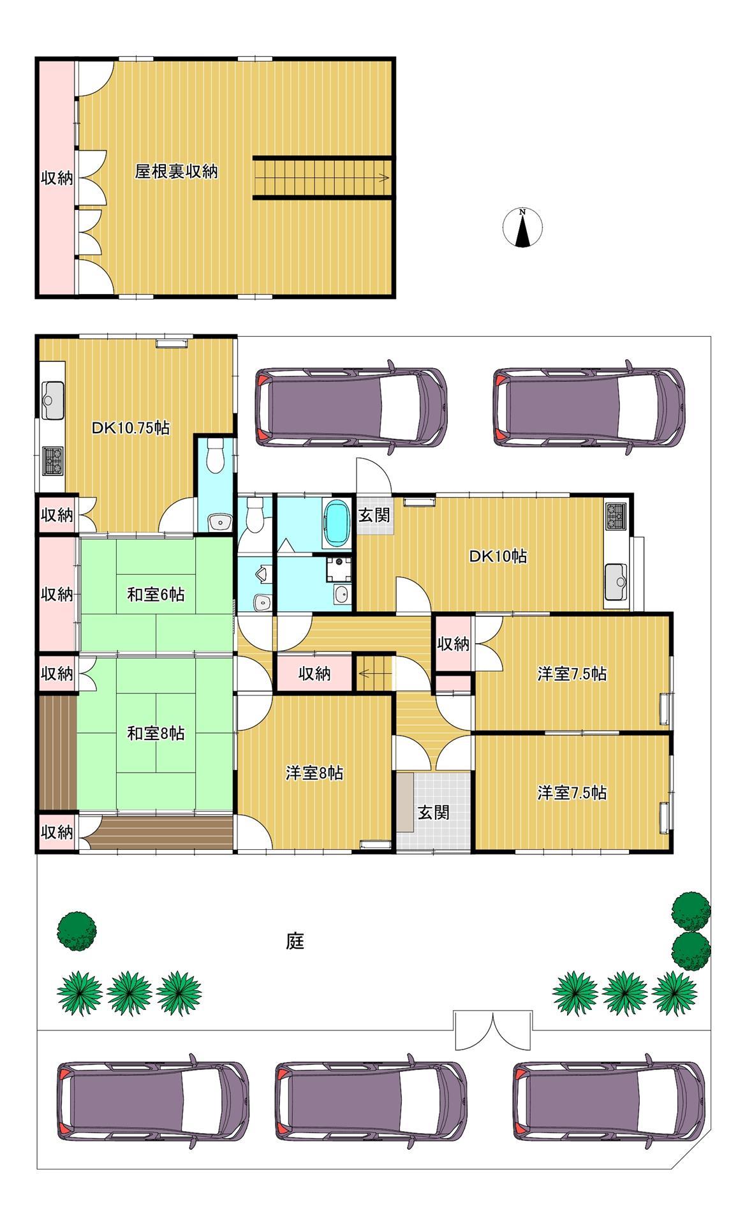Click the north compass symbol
pos(522,228)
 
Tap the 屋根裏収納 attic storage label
pos(176,172)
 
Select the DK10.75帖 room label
pos(129,428)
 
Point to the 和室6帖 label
pos(156,595)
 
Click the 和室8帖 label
pos(156,734)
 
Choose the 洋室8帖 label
pos(314,773)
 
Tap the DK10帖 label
pos(498,556)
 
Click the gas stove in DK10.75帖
pos(52,461)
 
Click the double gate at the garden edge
pos(493,1030)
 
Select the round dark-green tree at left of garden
pos(77,931)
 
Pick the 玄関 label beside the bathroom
pos(374,515)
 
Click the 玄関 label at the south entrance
pos(434,812)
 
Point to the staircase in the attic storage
pos(322,178)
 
